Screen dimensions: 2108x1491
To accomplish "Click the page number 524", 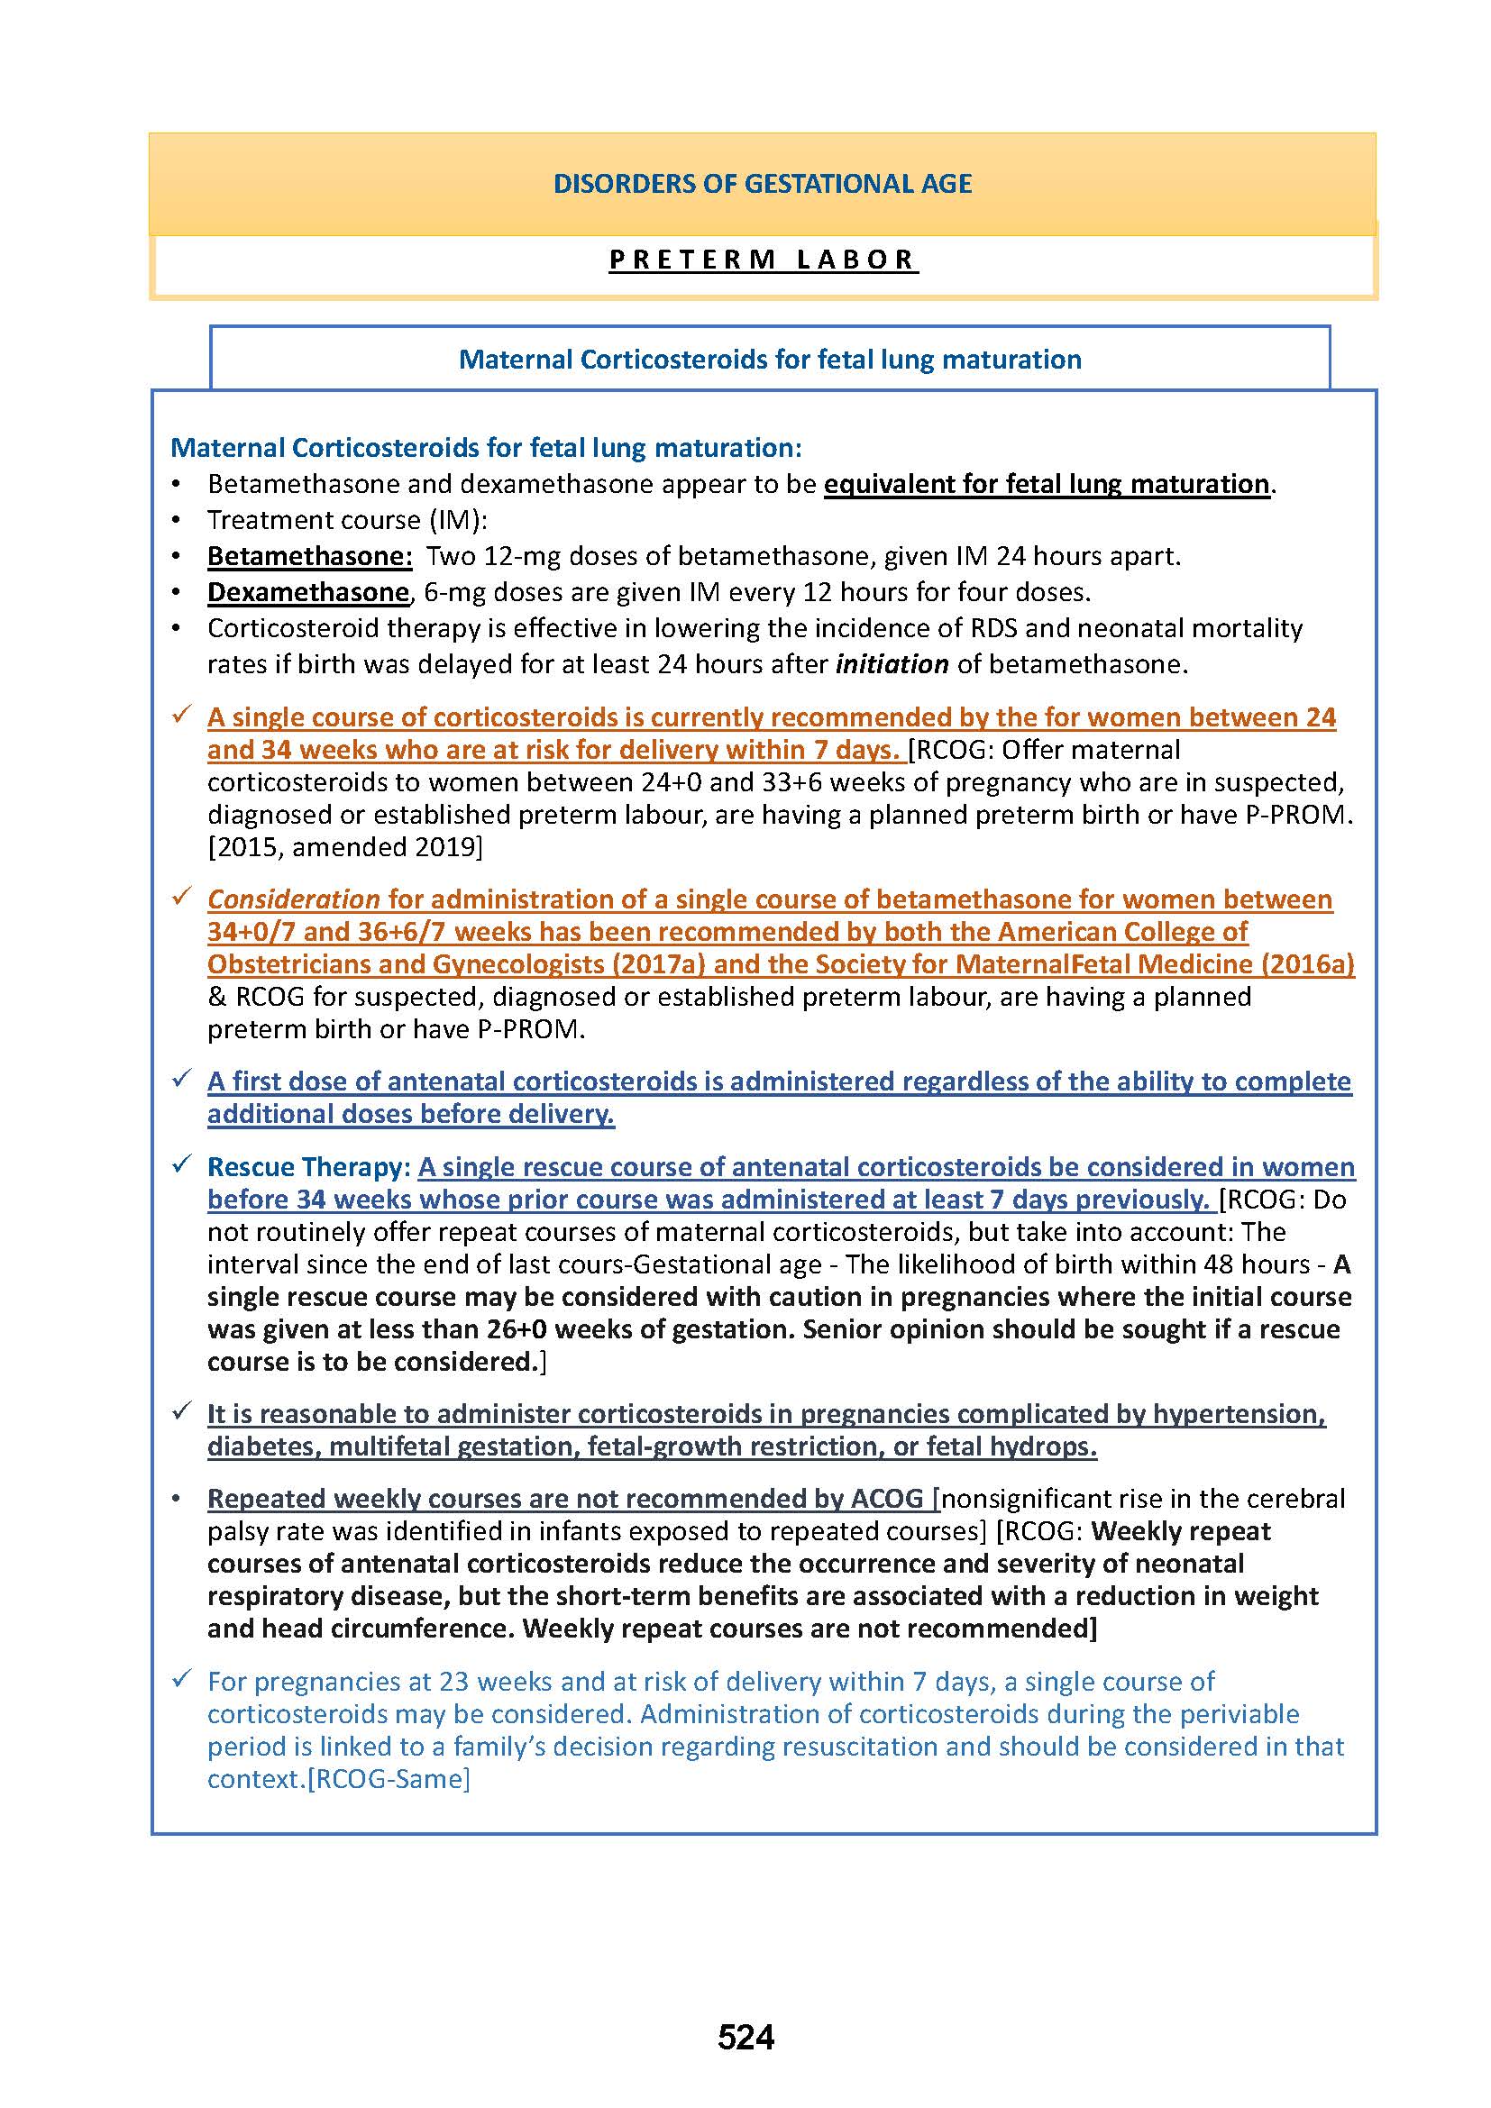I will (x=745, y=2037).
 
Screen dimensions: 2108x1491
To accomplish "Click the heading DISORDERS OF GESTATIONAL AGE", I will (x=762, y=184).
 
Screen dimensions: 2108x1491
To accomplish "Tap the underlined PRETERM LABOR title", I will (x=762, y=260).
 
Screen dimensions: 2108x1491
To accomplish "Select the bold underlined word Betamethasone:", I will (x=309, y=556).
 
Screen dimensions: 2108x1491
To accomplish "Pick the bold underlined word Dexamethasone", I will (x=307, y=592).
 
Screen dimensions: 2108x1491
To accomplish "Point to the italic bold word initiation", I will (x=892, y=665).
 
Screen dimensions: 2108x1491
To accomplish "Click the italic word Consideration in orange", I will (x=293, y=899).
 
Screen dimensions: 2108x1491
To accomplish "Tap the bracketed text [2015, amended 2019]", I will (x=344, y=846).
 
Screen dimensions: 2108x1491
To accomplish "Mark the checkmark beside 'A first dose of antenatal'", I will (x=181, y=1080).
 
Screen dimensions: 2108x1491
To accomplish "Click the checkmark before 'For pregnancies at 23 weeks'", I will (x=181, y=1680).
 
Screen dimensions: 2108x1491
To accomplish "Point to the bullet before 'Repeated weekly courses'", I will (x=178, y=1500).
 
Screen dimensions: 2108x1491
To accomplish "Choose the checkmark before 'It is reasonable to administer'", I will (x=181, y=1412).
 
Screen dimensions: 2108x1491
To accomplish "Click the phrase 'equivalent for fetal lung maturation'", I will (x=1046, y=484).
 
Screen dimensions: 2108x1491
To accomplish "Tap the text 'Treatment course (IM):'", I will (x=347, y=521).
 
